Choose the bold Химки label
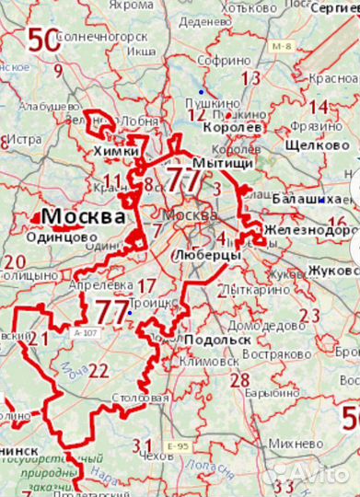tap(116, 151)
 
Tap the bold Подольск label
tap(217, 340)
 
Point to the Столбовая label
tap(145, 398)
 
